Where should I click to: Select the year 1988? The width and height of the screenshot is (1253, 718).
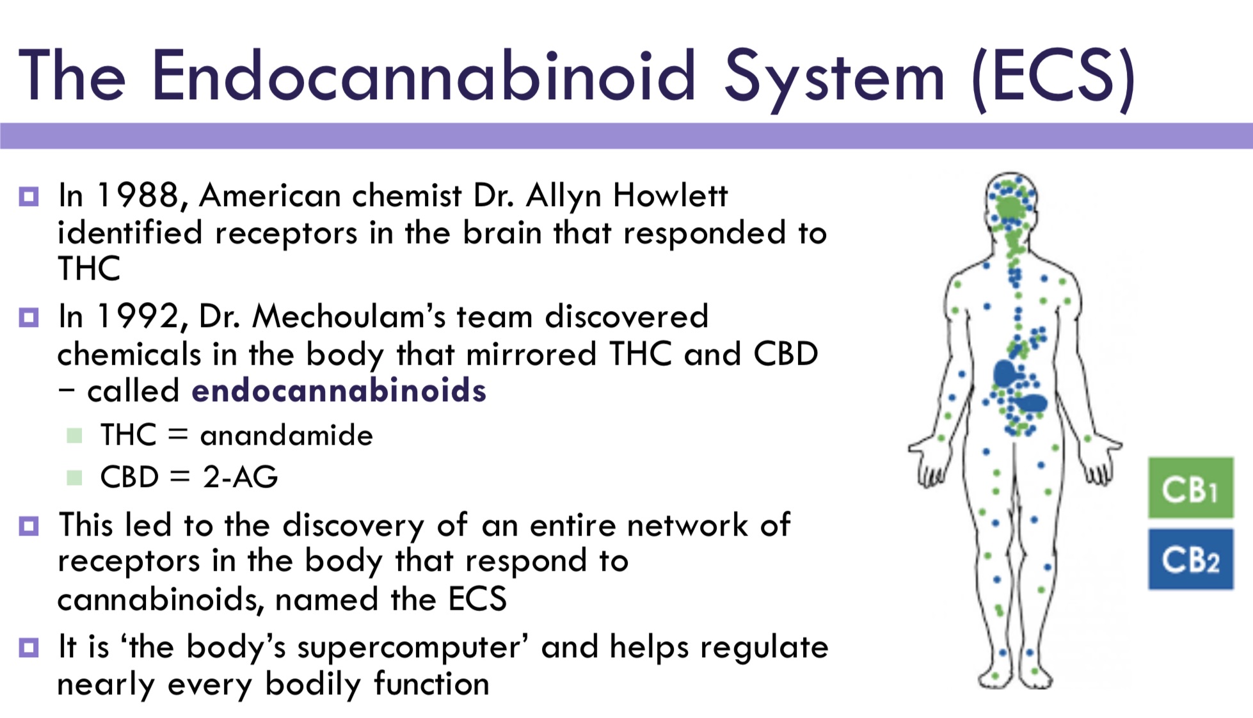click(x=138, y=195)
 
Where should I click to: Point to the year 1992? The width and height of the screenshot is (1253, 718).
click(x=138, y=316)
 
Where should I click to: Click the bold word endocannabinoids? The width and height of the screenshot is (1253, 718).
click(x=339, y=390)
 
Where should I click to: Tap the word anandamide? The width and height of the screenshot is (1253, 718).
click(x=286, y=435)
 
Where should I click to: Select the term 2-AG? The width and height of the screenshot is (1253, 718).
click(x=241, y=477)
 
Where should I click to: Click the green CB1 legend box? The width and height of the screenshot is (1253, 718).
click(x=1190, y=488)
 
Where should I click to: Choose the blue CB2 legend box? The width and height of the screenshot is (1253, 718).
click(x=1190, y=559)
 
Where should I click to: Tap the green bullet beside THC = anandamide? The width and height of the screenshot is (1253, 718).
click(x=74, y=436)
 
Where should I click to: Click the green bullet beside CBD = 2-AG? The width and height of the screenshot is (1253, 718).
click(x=74, y=477)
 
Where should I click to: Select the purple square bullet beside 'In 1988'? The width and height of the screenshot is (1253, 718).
click(x=29, y=196)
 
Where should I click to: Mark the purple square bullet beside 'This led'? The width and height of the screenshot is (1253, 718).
click(x=29, y=525)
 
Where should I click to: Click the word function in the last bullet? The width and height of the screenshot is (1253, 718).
click(x=432, y=683)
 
